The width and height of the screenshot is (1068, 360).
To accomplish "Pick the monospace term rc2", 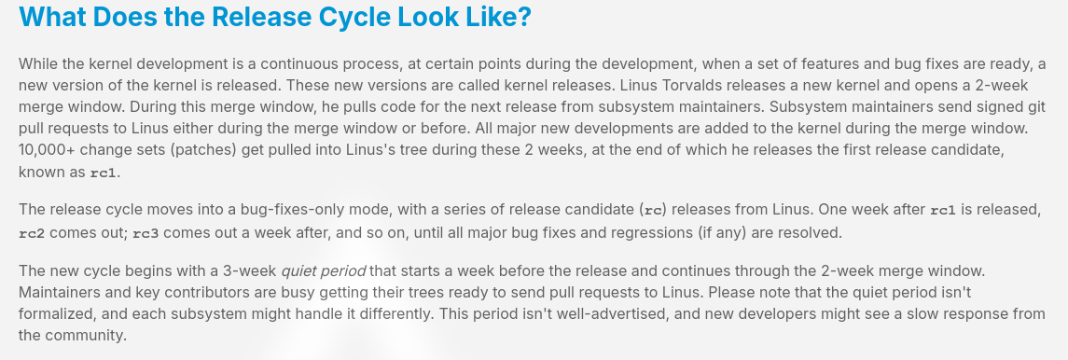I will coord(32,233).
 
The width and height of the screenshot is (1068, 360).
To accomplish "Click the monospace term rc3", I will coord(146,233).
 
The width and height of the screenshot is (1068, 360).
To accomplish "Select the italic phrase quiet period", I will coord(325,270).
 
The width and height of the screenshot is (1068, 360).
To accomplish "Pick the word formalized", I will coord(55,313).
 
